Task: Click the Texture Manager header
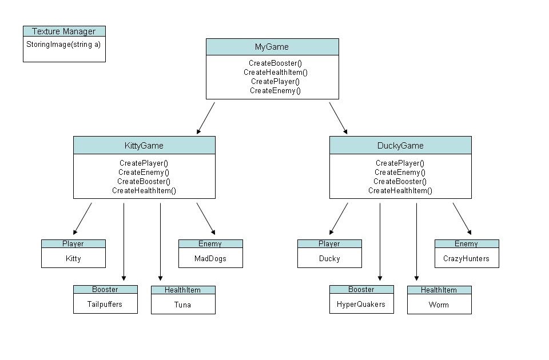pos(64,31)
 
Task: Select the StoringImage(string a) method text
pos(63,43)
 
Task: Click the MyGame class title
pos(272,47)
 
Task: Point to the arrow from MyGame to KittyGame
pos(205,118)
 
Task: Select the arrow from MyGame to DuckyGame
pos(338,118)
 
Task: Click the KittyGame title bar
pos(144,146)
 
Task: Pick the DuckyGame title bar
pos(400,146)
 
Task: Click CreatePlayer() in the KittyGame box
pos(144,163)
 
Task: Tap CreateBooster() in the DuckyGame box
pos(400,182)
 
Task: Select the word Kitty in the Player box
pos(73,258)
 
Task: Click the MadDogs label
pos(210,258)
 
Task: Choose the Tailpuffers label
pos(105,304)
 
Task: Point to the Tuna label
pos(183,305)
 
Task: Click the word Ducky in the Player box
pos(329,258)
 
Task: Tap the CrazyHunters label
pos(467,258)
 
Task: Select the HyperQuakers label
pos(361,304)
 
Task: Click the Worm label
pos(439,305)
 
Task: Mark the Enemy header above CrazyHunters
pos(466,244)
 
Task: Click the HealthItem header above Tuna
pos(183,290)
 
